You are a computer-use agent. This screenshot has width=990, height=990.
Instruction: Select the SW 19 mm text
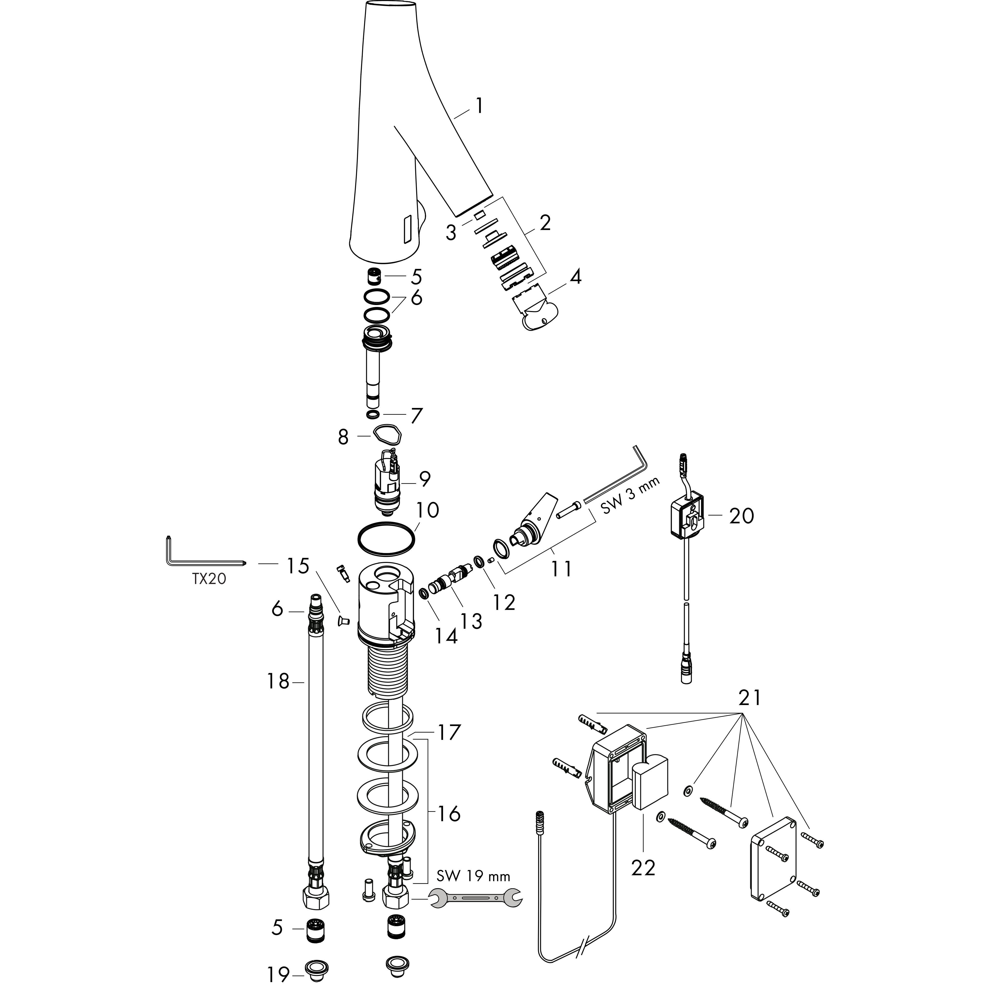click(x=473, y=876)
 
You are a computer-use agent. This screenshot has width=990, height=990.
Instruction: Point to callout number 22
click(x=643, y=867)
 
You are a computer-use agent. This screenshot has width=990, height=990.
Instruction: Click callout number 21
click(x=750, y=698)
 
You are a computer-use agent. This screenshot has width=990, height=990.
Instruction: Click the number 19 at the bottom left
click(x=278, y=974)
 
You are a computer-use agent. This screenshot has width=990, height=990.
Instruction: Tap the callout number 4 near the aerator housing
click(x=575, y=277)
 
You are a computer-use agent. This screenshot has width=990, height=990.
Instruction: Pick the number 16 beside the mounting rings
click(x=449, y=814)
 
